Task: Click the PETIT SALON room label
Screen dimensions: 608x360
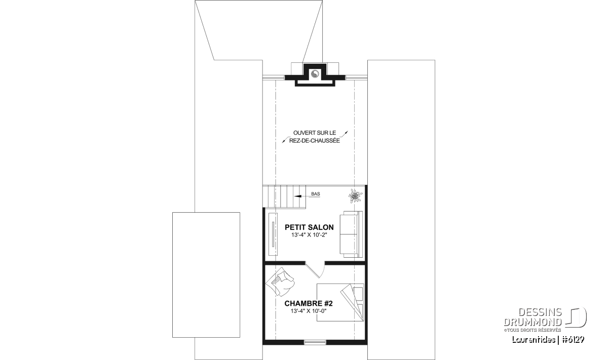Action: [309, 227]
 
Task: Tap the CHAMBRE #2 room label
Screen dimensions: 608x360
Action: [309, 303]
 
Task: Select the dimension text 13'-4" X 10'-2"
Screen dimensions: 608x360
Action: [309, 235]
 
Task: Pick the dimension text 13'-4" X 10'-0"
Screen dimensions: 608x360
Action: [309, 311]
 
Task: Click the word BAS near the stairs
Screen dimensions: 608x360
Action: [315, 194]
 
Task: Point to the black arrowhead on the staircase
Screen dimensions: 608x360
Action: [297, 196]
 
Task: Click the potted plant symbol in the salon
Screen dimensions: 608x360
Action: [355, 196]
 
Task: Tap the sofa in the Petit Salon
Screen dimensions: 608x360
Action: [351, 234]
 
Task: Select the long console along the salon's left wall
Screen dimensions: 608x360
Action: [273, 234]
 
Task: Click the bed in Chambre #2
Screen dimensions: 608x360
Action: [340, 302]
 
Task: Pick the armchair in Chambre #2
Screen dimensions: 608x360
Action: [280, 282]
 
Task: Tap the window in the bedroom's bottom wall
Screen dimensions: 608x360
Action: [315, 342]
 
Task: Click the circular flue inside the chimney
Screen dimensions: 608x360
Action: [315, 73]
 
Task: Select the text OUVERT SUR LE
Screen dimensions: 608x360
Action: [315, 133]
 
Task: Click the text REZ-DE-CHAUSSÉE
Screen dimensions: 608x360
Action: [315, 141]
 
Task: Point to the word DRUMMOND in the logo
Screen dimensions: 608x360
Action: [533, 323]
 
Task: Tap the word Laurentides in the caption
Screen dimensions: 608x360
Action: [534, 340]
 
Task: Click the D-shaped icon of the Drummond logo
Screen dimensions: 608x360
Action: [576, 317]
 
